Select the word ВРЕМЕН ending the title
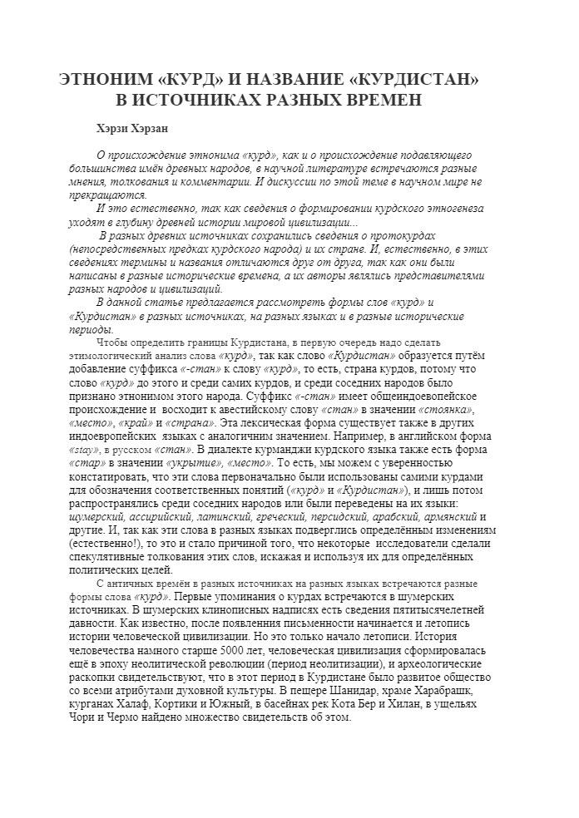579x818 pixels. tap(378, 101)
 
